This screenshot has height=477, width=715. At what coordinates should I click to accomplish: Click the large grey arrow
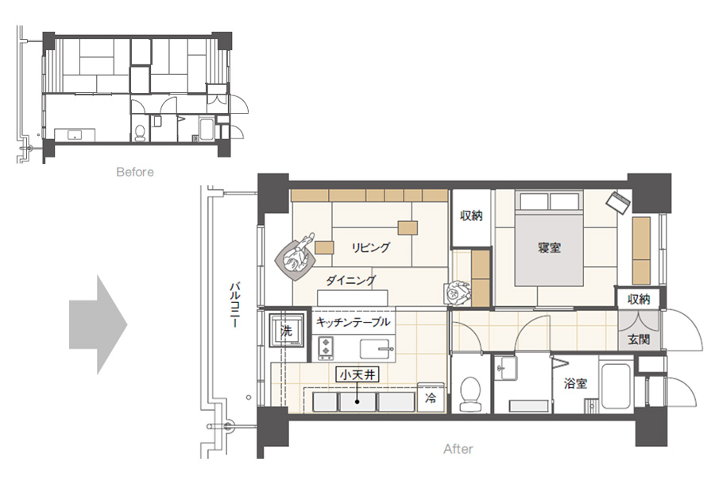(98, 325)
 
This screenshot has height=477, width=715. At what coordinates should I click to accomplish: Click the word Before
(135, 172)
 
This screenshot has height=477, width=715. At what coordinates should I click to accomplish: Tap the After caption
(458, 449)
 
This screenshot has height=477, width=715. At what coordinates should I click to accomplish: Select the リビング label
(371, 247)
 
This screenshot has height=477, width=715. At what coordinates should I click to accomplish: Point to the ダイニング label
(350, 281)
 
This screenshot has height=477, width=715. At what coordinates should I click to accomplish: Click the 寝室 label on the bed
(549, 248)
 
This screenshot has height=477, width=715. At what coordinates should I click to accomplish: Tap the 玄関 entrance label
(639, 339)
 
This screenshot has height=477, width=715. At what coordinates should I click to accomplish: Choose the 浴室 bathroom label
(575, 383)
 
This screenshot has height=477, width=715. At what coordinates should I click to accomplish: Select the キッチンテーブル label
(353, 322)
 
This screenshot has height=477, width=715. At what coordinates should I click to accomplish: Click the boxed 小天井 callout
(358, 375)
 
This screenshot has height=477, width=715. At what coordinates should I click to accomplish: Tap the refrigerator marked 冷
(431, 397)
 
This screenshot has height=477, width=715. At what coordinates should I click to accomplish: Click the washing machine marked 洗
(286, 330)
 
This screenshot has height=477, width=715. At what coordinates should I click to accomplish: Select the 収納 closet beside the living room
(471, 215)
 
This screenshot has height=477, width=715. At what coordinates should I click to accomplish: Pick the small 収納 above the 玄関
(639, 300)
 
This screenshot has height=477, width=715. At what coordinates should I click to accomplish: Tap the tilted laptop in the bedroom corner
(618, 203)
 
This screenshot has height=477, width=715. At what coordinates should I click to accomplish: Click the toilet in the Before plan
(141, 133)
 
